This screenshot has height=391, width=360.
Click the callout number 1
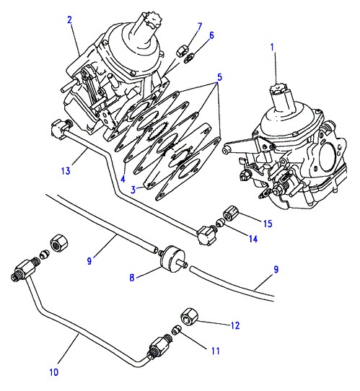(272, 48)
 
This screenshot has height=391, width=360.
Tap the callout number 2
(69, 19)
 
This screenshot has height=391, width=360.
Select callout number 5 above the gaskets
(219, 77)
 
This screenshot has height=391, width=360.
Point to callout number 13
(66, 171)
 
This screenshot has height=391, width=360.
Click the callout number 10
(54, 372)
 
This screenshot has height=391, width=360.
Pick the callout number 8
(132, 277)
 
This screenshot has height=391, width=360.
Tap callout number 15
(268, 224)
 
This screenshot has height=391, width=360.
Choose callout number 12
(235, 325)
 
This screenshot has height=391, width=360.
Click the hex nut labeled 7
(181, 52)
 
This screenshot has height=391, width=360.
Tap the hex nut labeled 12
(189, 316)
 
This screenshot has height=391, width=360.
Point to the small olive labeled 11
(176, 330)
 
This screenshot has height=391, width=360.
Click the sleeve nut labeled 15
(230, 214)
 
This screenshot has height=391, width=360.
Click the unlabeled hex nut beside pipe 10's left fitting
(60, 242)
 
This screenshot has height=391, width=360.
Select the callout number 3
(133, 190)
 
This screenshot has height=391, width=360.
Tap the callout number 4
(123, 179)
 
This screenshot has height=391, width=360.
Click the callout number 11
(216, 351)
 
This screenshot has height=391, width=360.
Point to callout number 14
(253, 239)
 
